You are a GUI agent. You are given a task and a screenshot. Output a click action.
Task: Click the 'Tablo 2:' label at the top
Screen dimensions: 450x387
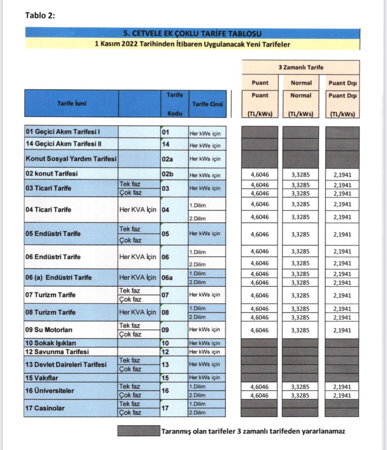[x=40, y=16]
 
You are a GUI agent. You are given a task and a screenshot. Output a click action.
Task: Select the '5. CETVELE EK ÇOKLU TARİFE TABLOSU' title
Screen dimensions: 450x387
[x=192, y=33]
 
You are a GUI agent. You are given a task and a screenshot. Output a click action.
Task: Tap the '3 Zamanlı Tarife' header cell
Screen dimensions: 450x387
[x=301, y=67]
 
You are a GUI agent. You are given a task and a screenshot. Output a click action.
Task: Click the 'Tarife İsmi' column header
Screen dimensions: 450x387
[x=71, y=103]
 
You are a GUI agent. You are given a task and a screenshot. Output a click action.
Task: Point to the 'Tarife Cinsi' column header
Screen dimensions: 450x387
[x=207, y=104]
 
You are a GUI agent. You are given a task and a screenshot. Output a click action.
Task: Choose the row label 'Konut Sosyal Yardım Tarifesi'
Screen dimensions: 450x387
[x=71, y=159]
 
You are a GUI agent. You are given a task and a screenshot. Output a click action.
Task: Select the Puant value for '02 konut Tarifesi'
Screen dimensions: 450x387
[x=260, y=175]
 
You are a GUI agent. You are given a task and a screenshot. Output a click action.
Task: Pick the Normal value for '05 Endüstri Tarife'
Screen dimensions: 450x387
[x=300, y=234]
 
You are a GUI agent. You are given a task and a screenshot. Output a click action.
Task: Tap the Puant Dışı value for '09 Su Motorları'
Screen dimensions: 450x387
[x=342, y=330]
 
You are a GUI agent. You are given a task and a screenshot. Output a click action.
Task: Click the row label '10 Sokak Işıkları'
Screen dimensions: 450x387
[x=51, y=343]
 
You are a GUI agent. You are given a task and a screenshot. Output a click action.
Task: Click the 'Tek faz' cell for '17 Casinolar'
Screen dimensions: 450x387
[x=130, y=404]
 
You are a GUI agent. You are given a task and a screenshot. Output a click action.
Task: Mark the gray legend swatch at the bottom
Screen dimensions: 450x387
[x=139, y=431]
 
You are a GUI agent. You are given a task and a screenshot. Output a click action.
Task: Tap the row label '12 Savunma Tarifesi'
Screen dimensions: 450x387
[x=57, y=352]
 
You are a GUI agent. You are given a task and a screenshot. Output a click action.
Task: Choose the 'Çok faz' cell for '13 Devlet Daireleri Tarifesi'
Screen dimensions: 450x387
[x=130, y=369]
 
